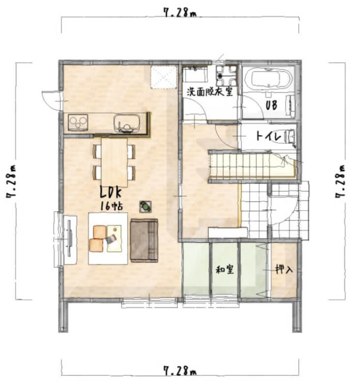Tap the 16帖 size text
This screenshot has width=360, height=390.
tap(112, 206)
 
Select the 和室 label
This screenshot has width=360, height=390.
tap(225, 270)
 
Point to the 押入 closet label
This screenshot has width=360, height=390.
tap(284, 269)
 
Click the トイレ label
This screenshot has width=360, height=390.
tap(269, 136)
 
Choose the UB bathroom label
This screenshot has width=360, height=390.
tap(271, 105)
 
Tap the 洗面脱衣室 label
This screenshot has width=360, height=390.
tap(210, 92)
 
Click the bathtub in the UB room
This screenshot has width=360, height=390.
tap(271, 80)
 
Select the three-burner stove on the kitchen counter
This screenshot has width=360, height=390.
tap(78, 122)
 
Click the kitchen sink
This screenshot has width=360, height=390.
tap(126, 123)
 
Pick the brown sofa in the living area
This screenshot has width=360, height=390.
tap(144, 241)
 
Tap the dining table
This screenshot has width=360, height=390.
tap(114, 162)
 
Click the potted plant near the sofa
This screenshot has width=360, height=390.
tap(145, 206)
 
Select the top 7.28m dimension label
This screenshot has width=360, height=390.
tap(180, 12)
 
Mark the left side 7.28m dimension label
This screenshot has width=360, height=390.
tap(11, 181)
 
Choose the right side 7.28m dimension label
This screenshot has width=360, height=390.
tap(340, 181)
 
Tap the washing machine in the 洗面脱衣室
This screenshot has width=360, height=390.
tap(226, 75)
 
